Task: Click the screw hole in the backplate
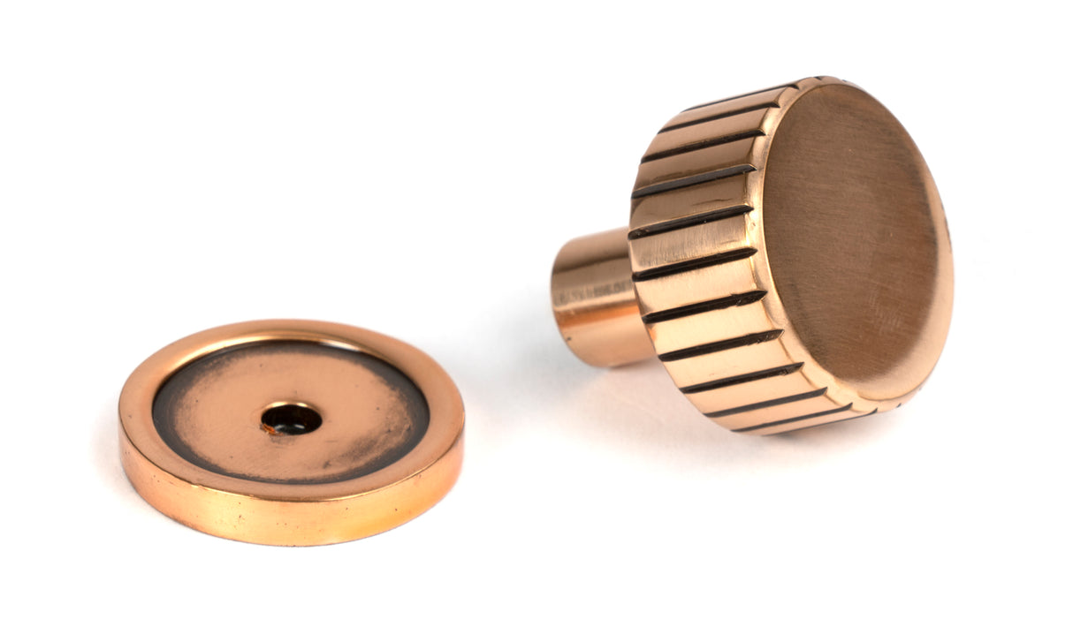[291, 419]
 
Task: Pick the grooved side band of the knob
[698, 265]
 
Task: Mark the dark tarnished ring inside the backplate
[177, 415]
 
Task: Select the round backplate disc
[291, 433]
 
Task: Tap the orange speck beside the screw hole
[266, 428]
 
